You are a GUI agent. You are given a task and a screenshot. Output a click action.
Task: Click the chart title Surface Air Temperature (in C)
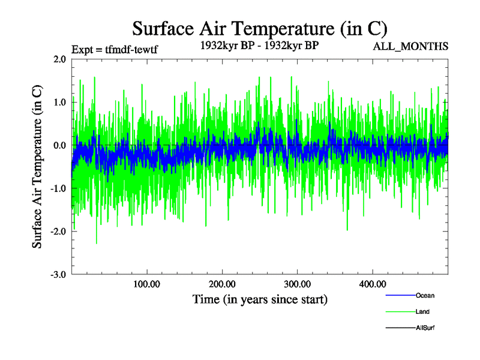point(259,29)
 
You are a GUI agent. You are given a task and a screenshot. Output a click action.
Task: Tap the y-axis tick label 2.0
point(59,59)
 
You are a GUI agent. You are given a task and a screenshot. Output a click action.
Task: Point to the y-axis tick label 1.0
point(59,102)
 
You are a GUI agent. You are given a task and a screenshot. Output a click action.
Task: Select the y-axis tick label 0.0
point(59,145)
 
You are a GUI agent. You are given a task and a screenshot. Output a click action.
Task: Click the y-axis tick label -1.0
point(58,188)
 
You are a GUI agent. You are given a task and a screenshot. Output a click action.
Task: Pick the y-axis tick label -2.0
point(58,232)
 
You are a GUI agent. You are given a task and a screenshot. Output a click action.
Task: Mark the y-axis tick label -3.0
point(58,275)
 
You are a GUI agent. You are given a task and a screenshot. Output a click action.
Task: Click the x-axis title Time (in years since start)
point(260,299)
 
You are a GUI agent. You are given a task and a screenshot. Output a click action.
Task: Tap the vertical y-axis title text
point(37,167)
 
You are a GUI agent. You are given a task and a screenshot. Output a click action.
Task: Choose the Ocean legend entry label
point(425,295)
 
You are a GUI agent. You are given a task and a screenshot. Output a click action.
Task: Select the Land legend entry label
point(422,311)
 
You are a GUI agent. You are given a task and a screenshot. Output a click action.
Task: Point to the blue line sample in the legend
point(400,295)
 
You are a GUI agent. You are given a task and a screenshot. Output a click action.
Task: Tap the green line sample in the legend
point(400,311)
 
